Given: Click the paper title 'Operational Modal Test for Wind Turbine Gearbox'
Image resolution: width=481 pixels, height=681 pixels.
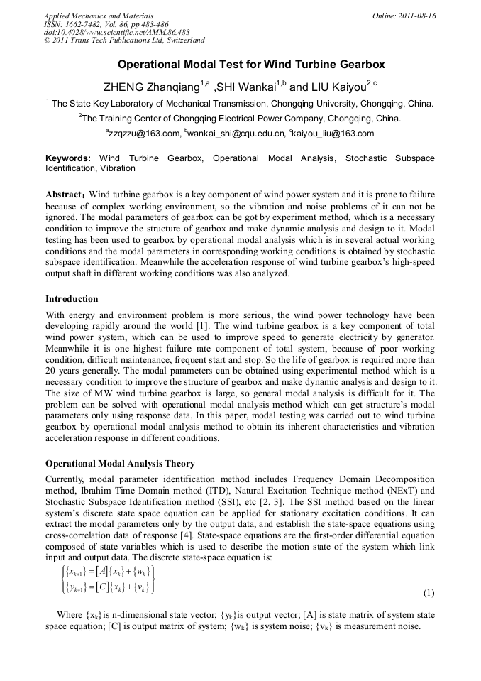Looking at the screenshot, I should click(240, 65).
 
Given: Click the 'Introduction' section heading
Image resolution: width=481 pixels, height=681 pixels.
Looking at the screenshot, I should click(72, 298).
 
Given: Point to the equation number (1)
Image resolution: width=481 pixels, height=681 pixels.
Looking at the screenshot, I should click(429, 592).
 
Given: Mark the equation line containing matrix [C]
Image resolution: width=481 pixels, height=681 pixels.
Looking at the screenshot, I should click(107, 587).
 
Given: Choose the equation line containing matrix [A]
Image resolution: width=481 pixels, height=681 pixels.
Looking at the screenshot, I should click(107, 572).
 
